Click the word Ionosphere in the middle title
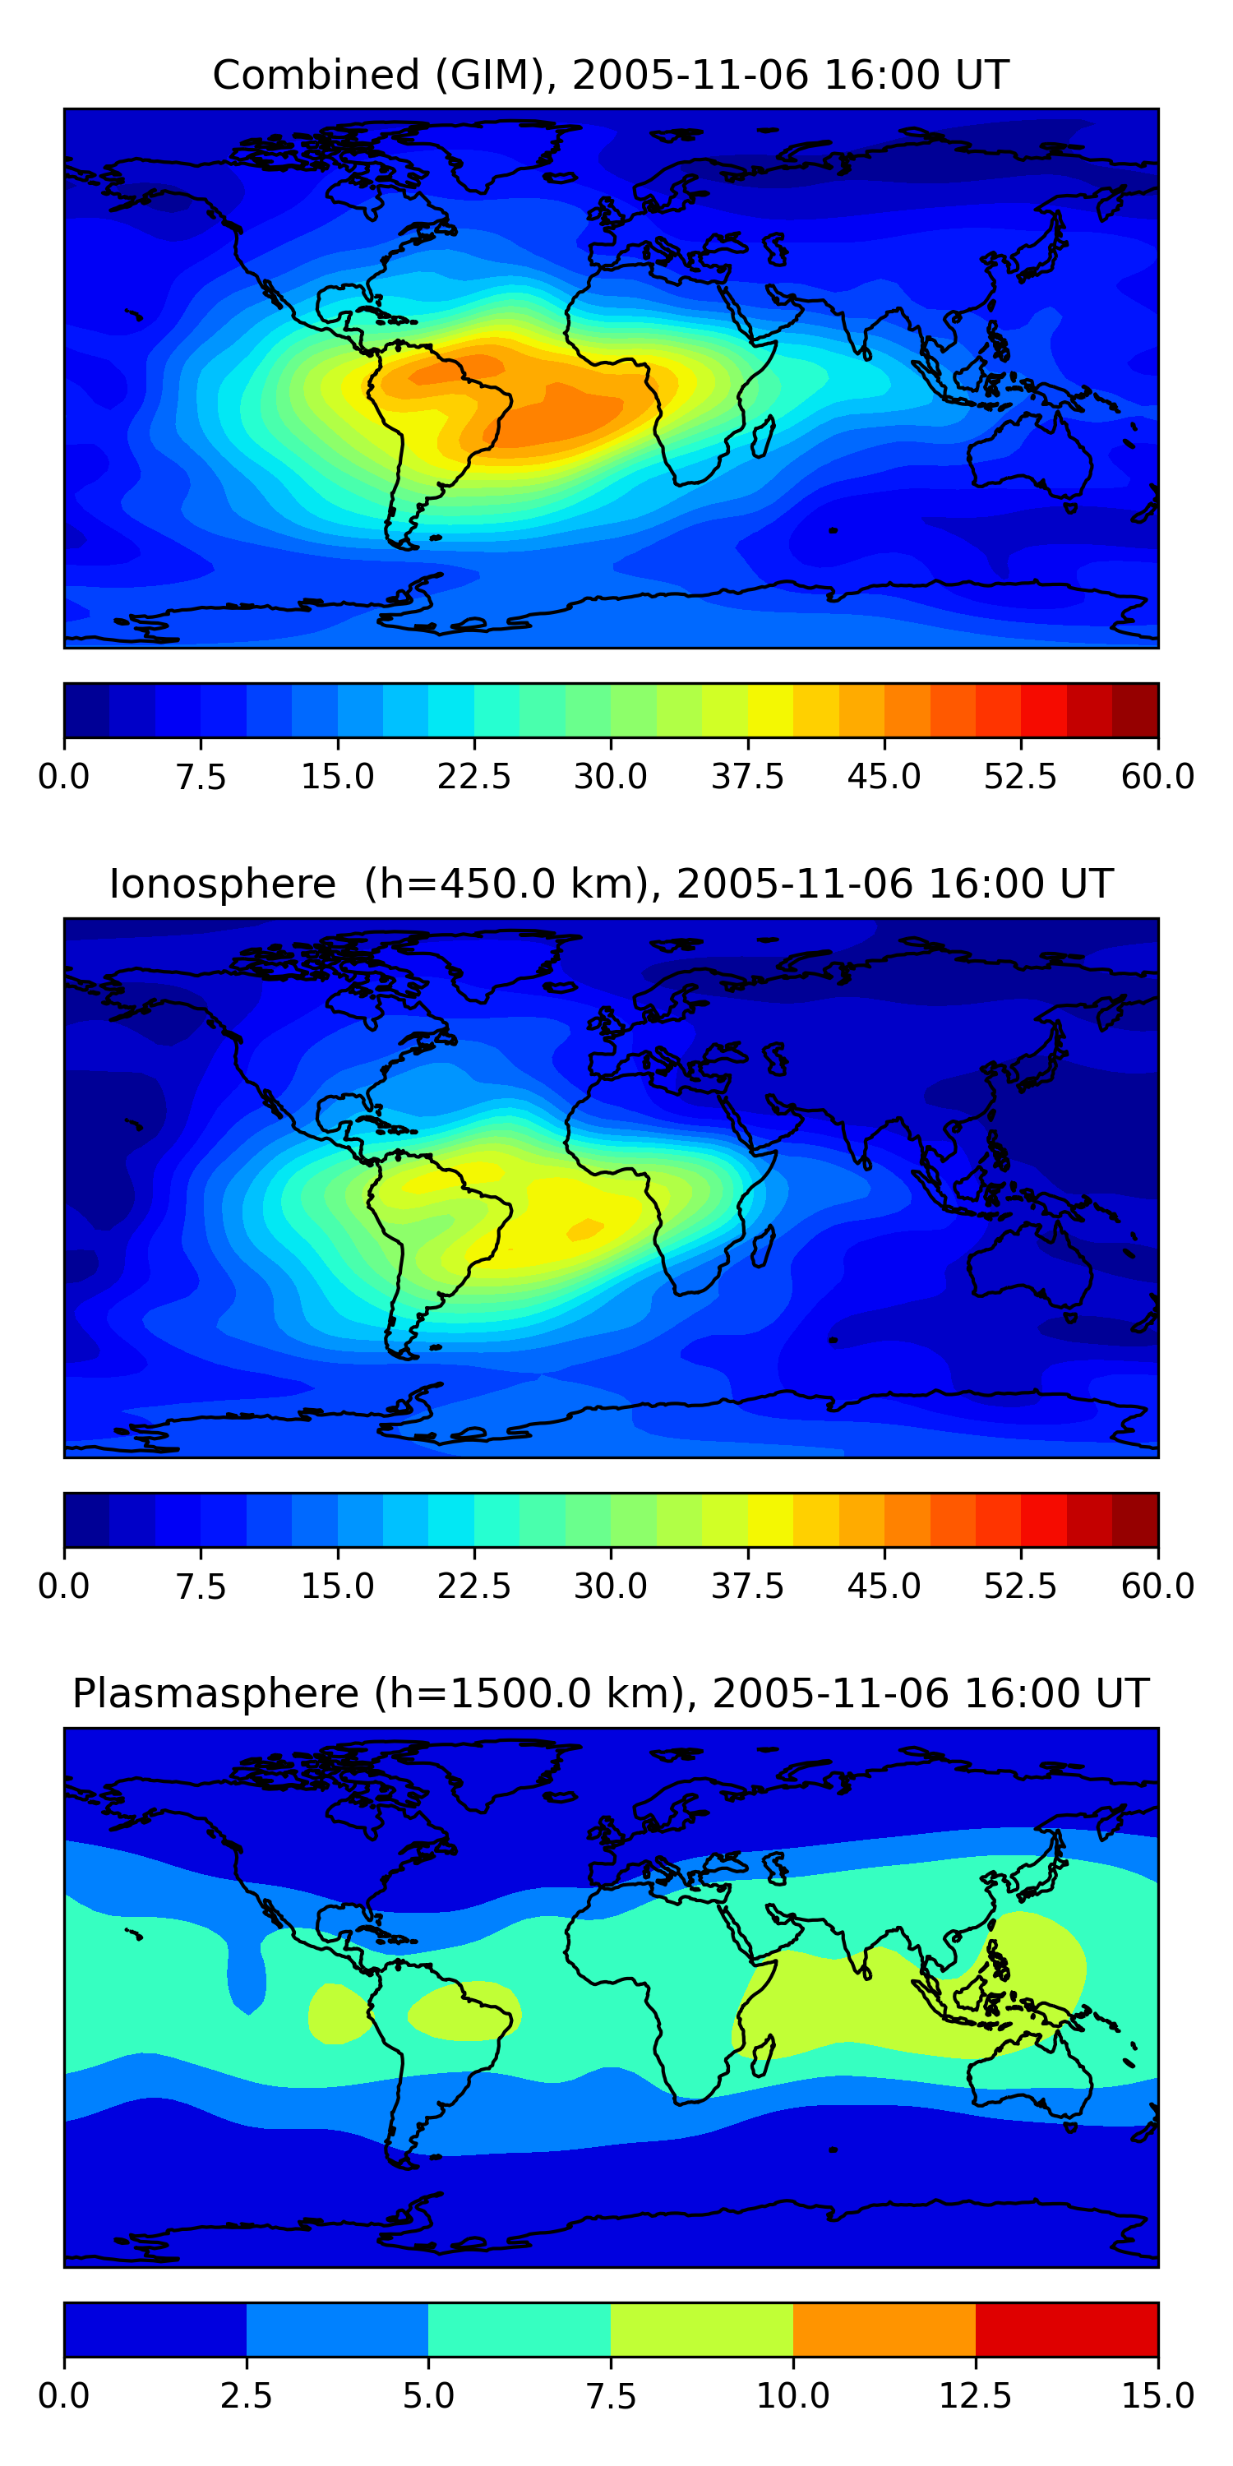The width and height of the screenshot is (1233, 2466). (x=222, y=884)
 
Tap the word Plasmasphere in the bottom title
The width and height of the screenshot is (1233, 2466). (x=215, y=1692)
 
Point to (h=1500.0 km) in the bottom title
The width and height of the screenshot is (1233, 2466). (x=529, y=1692)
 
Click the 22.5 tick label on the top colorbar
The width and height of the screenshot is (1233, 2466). (x=473, y=776)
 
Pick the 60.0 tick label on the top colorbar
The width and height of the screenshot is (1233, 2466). (x=1157, y=776)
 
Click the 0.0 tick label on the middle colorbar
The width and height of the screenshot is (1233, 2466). (x=64, y=1586)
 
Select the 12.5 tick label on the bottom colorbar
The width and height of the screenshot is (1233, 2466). (x=975, y=2396)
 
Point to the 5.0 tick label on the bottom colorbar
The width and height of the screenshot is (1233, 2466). (x=428, y=2396)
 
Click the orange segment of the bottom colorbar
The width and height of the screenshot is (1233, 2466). (x=884, y=2329)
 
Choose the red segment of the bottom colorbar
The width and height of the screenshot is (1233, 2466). (x=1066, y=2329)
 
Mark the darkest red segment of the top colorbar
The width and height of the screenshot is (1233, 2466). (x=1134, y=710)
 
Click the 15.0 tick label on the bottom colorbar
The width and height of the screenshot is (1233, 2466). (x=1157, y=2396)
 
